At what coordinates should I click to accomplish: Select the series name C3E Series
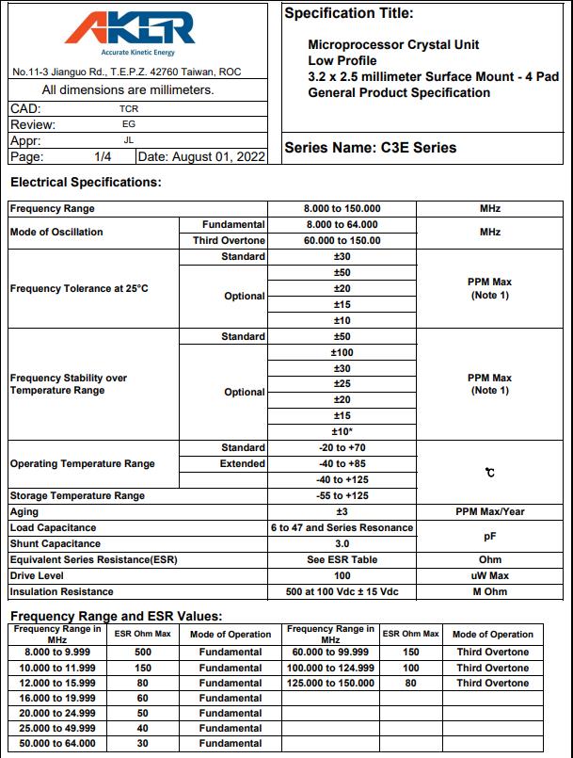[x=370, y=148]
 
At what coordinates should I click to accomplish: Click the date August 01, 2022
[x=200, y=156]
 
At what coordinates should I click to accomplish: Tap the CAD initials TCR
[x=116, y=108]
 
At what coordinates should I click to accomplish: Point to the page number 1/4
[x=103, y=156]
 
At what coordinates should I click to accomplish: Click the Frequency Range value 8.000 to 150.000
[x=342, y=208]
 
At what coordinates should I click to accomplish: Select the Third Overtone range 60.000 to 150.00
[x=342, y=240]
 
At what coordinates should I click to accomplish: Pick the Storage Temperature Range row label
[x=77, y=495]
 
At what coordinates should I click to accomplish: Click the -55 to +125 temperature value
[x=342, y=495]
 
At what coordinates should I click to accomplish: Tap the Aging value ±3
[x=342, y=511]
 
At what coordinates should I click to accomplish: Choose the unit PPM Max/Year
[x=489, y=511]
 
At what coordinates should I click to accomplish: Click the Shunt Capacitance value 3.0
[x=342, y=543]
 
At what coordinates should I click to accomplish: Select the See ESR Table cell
[x=342, y=559]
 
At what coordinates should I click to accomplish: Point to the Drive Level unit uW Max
[x=489, y=575]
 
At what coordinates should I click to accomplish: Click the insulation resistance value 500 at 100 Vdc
[x=342, y=591]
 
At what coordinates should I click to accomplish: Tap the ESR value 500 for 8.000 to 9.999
[x=144, y=652]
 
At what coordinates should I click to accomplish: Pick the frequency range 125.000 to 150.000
[x=330, y=683]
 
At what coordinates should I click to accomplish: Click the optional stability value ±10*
[x=342, y=431]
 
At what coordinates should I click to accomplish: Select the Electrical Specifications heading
[x=86, y=182]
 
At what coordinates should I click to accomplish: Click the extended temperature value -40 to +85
[x=342, y=463]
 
